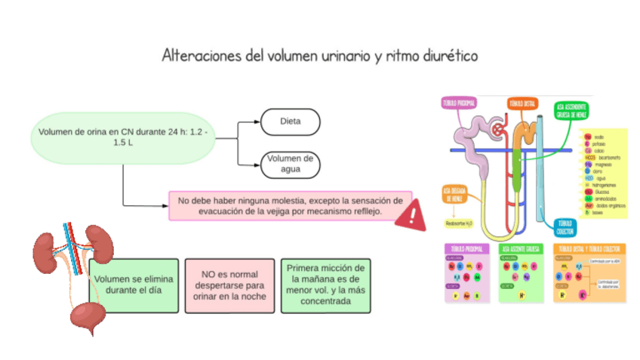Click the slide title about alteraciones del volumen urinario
[319, 56]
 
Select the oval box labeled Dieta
[290, 121]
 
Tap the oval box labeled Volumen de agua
[290, 163]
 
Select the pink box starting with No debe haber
[291, 205]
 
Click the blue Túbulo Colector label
[565, 226]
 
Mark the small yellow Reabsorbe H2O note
[458, 223]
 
